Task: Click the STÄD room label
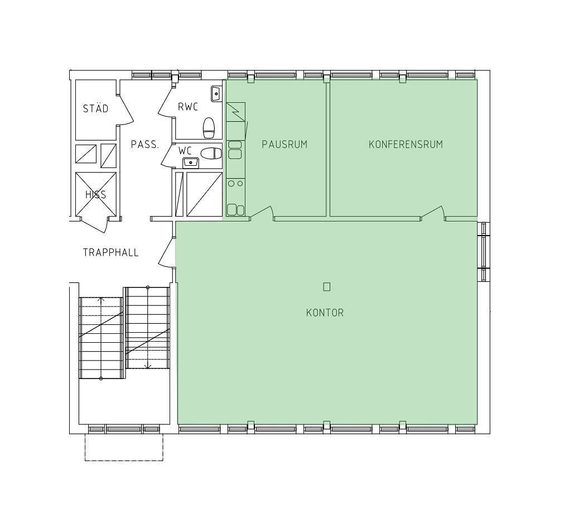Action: click(95, 108)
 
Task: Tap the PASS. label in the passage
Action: click(145, 145)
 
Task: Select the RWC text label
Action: click(188, 107)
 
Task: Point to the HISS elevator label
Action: click(95, 194)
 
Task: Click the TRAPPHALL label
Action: click(110, 252)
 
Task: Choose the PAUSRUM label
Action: click(284, 145)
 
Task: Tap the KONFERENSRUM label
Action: click(406, 145)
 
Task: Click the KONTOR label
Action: click(325, 313)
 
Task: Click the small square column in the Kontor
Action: click(326, 287)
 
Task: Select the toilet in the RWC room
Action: click(209, 128)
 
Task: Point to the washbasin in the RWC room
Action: click(216, 94)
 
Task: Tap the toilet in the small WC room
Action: click(211, 154)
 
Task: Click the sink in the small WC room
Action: click(190, 161)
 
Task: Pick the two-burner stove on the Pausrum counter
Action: click(235, 183)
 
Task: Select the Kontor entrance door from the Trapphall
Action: click(167, 253)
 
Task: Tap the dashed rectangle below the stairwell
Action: click(124, 447)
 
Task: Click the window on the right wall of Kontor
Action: click(485, 252)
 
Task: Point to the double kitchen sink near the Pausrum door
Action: click(235, 210)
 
